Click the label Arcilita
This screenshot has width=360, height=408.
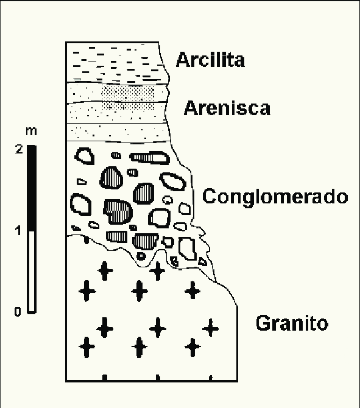coord(210,60)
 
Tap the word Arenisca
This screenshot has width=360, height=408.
coord(227,108)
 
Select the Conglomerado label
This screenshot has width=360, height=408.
coord(275,197)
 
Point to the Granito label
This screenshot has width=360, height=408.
coord(292,323)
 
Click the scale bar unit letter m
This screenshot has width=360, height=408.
coord(31,131)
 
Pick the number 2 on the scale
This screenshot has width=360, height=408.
coord(19,149)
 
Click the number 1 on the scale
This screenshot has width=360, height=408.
coord(18,231)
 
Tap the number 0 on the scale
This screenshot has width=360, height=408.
coord(18,311)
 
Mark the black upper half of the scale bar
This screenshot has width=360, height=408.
coord(32,188)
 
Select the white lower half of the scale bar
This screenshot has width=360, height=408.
coord(32,272)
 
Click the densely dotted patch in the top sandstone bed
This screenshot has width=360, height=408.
coord(127,93)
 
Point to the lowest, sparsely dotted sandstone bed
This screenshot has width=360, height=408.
coord(117,132)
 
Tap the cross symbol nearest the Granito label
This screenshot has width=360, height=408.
coord(210,328)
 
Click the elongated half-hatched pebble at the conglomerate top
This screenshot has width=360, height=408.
coord(149,158)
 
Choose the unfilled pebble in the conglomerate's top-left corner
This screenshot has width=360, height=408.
coord(85,156)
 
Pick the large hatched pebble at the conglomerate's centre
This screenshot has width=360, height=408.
coord(118,212)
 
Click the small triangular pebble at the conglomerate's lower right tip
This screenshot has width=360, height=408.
coord(202,261)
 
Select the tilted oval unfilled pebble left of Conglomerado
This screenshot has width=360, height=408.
coord(172,181)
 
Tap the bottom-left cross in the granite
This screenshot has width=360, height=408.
coord(87,347)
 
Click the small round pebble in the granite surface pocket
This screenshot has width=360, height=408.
coord(141,256)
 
